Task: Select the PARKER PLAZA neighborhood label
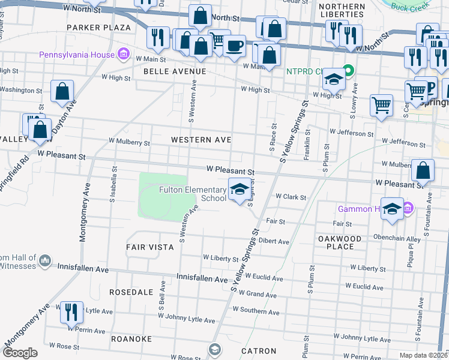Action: tap(99, 28)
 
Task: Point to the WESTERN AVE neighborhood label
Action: tap(201, 140)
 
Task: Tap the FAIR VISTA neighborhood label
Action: tap(150, 247)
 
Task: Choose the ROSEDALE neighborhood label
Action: tap(133, 292)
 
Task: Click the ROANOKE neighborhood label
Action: tap(131, 339)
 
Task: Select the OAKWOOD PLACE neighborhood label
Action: tap(339, 242)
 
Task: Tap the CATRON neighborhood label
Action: tap(259, 351)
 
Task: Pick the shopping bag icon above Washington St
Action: tap(62, 91)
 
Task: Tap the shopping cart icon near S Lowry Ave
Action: tap(381, 105)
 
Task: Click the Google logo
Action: tap(20, 353)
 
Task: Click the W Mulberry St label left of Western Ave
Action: tap(129, 143)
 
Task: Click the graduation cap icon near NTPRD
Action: tap(333, 80)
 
